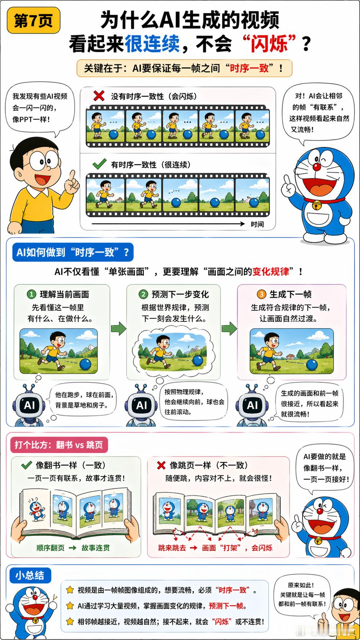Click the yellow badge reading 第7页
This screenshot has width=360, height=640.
(33, 21)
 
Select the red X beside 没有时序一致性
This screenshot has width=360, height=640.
(99, 96)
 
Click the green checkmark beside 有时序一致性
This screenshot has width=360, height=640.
(99, 164)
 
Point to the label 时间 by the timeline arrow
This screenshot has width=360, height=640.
(257, 224)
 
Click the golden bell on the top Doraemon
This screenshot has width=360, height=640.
(316, 206)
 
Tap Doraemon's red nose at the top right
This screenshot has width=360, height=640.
(316, 167)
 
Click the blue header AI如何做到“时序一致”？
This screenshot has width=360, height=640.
(73, 252)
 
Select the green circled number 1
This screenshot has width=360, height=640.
(31, 294)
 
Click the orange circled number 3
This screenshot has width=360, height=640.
(261, 294)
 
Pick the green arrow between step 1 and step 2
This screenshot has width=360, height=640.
(119, 328)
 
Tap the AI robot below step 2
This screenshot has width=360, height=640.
(141, 405)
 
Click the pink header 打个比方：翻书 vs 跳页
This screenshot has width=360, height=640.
(59, 445)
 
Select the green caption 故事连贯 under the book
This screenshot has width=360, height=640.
(96, 548)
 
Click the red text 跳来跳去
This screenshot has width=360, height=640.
(172, 548)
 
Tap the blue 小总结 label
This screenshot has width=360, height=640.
(29, 575)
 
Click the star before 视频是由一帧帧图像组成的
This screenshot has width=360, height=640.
(70, 590)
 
